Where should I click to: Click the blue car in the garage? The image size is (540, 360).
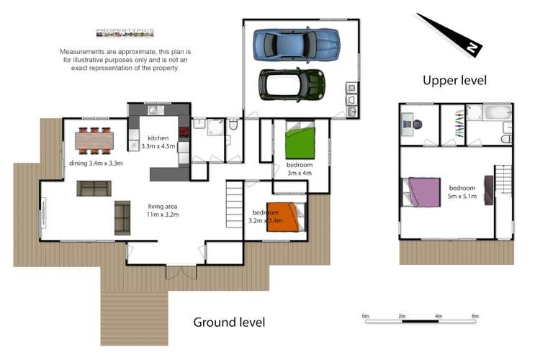click(295, 45)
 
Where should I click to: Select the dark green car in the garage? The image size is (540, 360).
click(292, 85)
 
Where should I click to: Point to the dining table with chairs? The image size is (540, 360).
click(94, 139)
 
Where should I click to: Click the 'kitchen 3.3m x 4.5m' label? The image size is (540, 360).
click(158, 142)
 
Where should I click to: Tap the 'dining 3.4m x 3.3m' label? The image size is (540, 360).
click(96, 163)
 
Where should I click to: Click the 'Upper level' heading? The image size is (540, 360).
click(454, 80)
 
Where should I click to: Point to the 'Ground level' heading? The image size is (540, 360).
click(229, 322)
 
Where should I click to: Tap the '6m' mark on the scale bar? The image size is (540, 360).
click(475, 315)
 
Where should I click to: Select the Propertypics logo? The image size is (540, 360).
click(125, 32)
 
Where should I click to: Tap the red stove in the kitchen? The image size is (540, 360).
click(183, 131)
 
